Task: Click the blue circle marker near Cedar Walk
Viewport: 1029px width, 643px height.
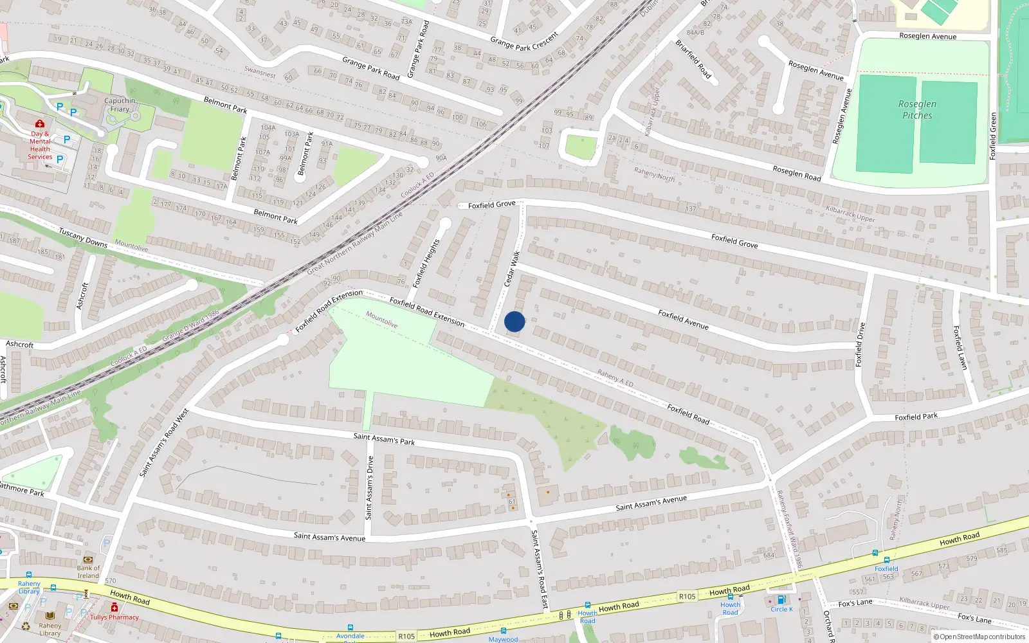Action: coord(514,321)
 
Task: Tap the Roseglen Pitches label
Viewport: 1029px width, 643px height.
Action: coord(917,110)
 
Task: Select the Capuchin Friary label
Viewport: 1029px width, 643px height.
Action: coord(120,105)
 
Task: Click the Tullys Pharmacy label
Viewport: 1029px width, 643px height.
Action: coord(114,617)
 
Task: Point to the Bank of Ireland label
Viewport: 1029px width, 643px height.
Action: coord(88,572)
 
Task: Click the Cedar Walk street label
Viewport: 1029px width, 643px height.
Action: coord(511,269)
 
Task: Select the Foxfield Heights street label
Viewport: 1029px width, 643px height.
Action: coord(426,263)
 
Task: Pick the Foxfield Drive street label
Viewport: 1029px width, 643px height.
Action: coord(859,345)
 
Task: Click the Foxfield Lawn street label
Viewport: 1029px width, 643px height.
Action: coord(960,347)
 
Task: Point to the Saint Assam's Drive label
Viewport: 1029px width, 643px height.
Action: coord(369,487)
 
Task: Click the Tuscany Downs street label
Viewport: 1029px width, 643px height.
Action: coord(83,237)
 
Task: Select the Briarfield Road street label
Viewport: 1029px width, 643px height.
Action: coord(693,59)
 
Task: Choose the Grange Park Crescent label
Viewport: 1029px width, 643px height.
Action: coord(524,41)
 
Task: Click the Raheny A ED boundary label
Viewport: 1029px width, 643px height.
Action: coord(615,378)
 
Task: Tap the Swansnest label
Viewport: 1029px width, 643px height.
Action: coord(260,73)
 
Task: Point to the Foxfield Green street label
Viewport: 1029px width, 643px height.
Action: coord(993,136)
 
